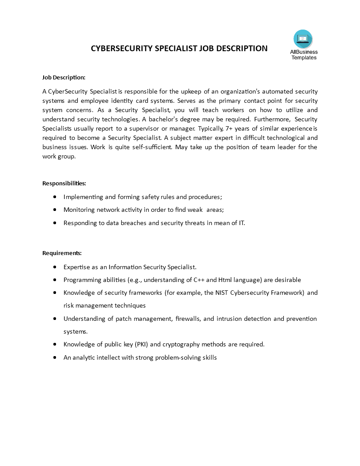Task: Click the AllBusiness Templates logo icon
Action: [303, 39]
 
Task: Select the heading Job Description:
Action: [64, 77]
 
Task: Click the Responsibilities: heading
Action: [64, 183]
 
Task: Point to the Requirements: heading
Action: [62, 253]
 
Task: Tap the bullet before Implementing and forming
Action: [54, 197]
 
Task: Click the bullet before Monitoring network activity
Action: [54, 210]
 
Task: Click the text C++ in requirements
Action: [199, 280]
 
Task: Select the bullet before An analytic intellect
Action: [54, 357]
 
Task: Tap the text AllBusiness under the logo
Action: [304, 52]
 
